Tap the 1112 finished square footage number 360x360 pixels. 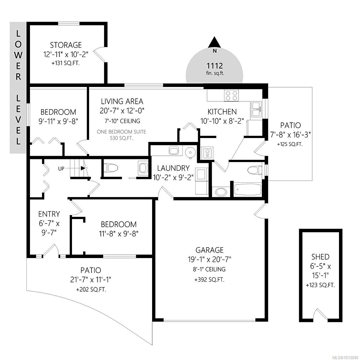(x=214, y=65)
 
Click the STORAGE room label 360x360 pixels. (x=66, y=45)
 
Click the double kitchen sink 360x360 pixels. (x=256, y=109)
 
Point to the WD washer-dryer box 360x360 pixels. (x=207, y=154)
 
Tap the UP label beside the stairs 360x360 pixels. (x=61, y=169)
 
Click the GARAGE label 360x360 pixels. (x=209, y=250)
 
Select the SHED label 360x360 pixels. (x=320, y=257)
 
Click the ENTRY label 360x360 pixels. (x=49, y=214)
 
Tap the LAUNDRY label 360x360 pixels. (x=173, y=168)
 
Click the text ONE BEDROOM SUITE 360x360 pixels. (x=121, y=131)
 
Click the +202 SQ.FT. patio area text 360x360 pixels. (x=91, y=289)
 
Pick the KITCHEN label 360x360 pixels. (x=222, y=112)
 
